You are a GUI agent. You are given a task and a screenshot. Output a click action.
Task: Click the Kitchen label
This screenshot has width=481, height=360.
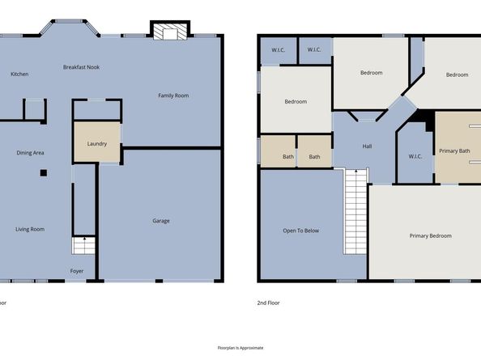coord(19,74)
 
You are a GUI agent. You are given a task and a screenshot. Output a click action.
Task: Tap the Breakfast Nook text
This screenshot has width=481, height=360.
coord(81,67)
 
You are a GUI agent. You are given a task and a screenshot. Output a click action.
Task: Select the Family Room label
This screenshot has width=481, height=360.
coord(172,95)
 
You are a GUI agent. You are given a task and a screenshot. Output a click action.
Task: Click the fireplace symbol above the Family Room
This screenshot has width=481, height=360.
coord(170,32)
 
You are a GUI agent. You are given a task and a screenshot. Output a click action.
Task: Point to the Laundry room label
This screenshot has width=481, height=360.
coord(96,144)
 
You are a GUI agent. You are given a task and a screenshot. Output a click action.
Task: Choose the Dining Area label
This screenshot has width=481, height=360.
coord(30,152)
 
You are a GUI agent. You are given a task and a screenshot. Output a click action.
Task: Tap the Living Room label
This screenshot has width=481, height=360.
coord(30,229)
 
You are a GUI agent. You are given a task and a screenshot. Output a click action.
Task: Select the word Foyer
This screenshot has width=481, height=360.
coord(77,271)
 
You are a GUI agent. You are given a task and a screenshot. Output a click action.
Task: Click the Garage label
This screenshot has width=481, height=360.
coord(161,221)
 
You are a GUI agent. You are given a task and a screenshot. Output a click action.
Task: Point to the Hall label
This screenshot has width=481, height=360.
coord(366,146)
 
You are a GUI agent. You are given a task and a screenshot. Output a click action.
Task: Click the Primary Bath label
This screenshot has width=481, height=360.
coord(454,150)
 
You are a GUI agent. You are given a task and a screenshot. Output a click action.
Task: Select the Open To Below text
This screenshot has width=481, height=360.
coord(300,231)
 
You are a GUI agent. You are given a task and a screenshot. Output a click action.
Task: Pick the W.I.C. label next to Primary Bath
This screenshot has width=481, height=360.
coord(415,156)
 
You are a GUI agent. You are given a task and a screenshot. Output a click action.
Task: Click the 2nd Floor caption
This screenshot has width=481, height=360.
coord(268,303)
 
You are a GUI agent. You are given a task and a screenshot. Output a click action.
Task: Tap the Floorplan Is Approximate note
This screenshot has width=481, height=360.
coord(240,347)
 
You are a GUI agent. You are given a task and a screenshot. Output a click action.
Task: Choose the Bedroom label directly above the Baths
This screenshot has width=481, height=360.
coord(295,101)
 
